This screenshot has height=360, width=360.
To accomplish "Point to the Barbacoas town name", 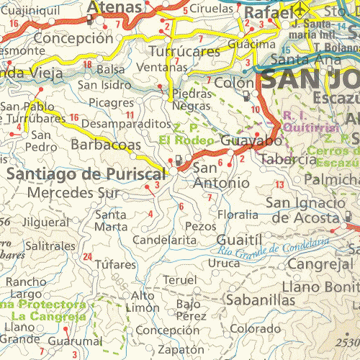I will point(106,145).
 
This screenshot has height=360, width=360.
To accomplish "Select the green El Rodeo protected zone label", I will point(186,140).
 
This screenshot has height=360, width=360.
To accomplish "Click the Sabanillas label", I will point(252,298).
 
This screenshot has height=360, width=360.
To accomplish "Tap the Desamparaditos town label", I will point(126,124).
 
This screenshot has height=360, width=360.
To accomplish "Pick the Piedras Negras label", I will point(192,99).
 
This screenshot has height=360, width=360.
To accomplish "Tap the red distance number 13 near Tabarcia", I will point(279,185).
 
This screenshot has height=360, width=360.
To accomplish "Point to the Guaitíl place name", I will point(236,237).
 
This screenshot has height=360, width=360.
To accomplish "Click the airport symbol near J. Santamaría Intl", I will point(302,12).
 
